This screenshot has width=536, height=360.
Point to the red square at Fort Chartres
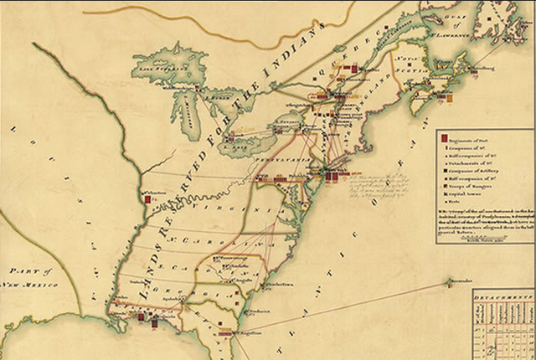tap(144, 193)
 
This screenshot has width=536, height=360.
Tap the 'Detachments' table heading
tap(502, 297)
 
